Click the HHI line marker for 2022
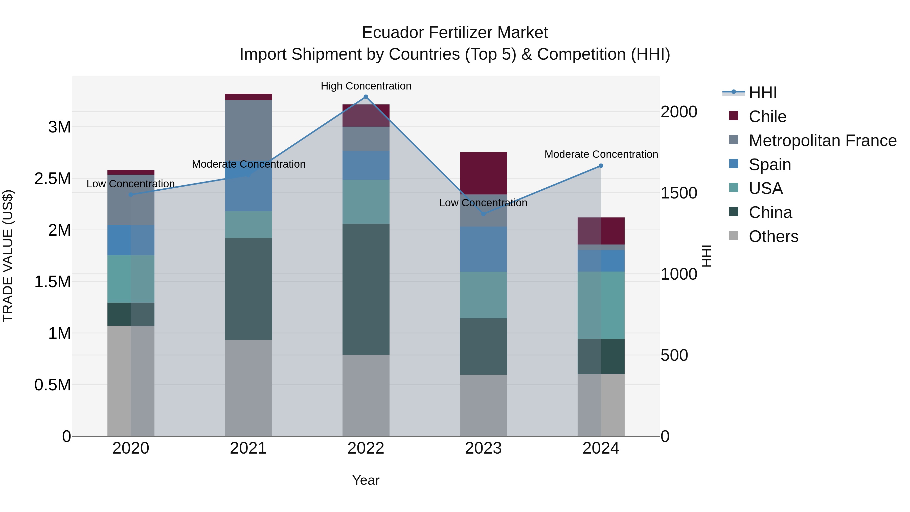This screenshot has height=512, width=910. [x=366, y=97]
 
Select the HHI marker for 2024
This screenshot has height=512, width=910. [x=601, y=166]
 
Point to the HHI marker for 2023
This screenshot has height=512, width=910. [x=484, y=214]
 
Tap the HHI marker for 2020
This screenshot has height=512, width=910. [x=131, y=194]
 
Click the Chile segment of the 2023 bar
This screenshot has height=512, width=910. [x=483, y=173]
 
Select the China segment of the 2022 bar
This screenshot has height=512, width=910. [x=366, y=289]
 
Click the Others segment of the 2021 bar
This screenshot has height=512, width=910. [x=248, y=388]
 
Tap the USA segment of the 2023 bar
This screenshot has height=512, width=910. [x=483, y=295]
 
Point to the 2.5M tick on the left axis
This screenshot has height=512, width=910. [x=53, y=179]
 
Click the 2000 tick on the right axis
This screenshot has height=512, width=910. [x=679, y=112]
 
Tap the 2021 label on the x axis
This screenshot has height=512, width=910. [x=248, y=448]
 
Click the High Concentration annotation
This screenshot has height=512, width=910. [x=366, y=86]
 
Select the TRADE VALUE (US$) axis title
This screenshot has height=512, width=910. [x=8, y=256]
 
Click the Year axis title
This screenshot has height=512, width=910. [x=366, y=480]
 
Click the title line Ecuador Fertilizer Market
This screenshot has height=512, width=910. [x=455, y=33]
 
